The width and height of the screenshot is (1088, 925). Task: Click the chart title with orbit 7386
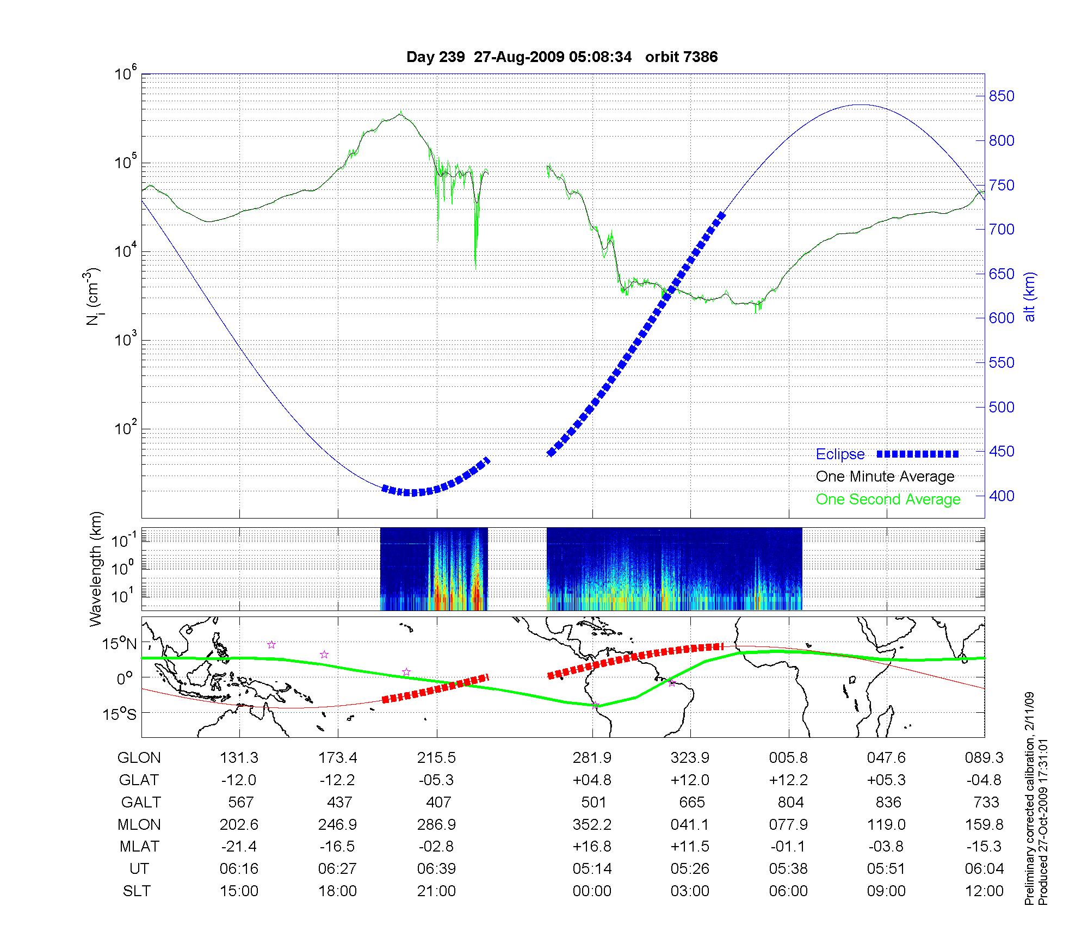click(562, 57)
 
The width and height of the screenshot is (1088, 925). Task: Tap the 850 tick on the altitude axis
click(1002, 96)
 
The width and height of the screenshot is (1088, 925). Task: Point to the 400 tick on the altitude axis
click(1002, 496)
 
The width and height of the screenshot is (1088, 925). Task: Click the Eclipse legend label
click(840, 454)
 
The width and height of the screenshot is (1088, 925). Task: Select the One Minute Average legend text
click(885, 477)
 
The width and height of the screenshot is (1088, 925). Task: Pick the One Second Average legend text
click(888, 499)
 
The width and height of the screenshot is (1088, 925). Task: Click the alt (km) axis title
click(1030, 297)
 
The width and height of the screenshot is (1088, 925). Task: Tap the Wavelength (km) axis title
click(96, 569)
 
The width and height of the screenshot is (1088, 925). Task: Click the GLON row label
click(139, 757)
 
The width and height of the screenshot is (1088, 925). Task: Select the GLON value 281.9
click(592, 757)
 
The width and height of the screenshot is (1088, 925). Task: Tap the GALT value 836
click(887, 802)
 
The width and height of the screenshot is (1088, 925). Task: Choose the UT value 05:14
click(592, 869)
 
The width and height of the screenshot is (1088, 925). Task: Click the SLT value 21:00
click(436, 891)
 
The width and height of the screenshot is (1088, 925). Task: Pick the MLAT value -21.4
click(239, 847)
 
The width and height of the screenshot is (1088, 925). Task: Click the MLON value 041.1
click(690, 824)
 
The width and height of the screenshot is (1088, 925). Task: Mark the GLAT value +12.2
click(788, 780)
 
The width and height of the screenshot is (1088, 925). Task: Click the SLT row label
click(137, 891)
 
